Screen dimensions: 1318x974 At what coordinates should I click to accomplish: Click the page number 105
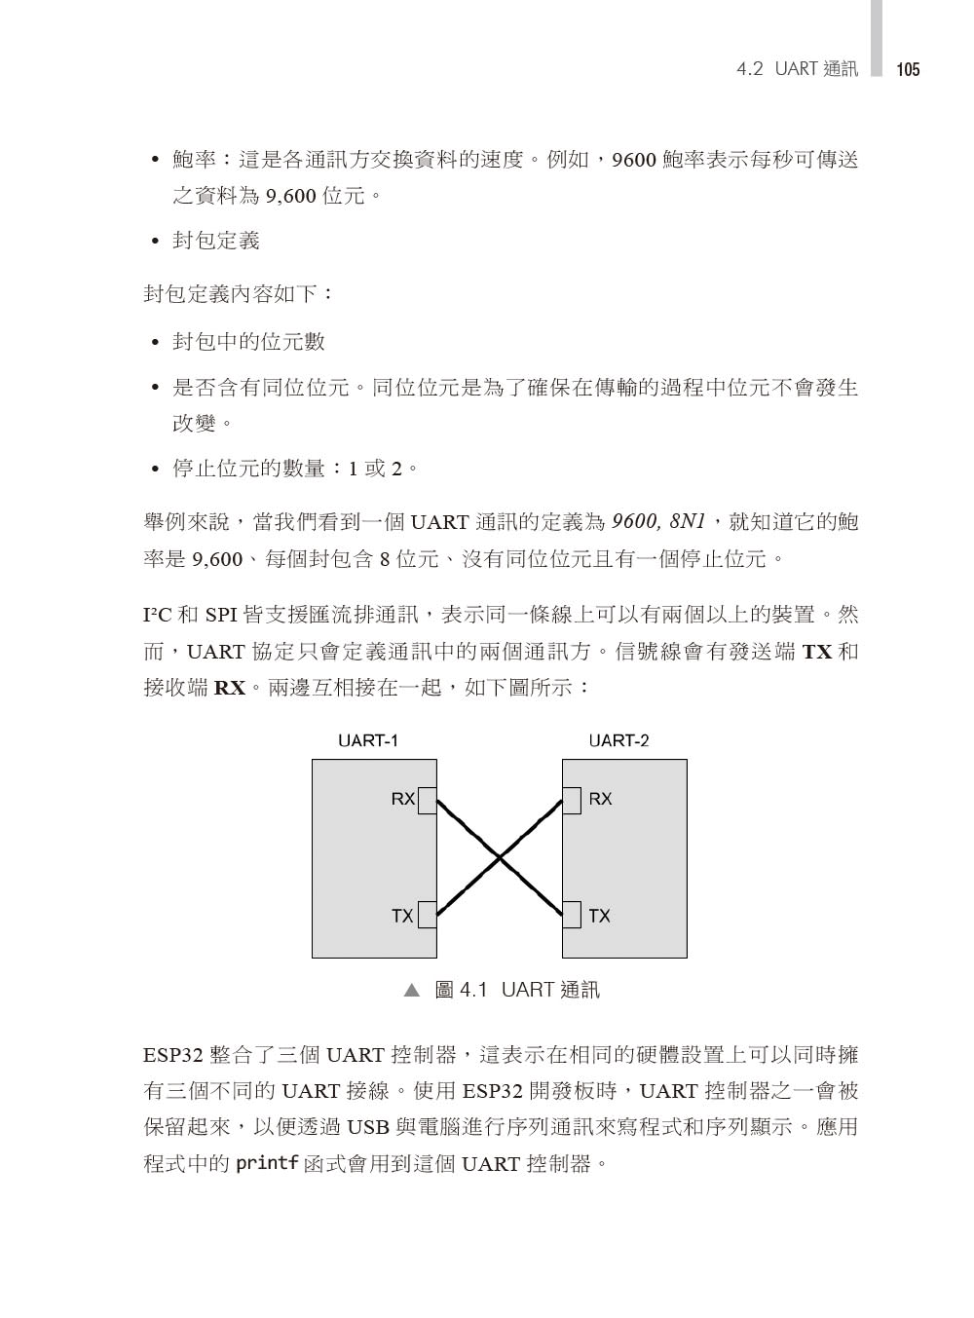pos(908,69)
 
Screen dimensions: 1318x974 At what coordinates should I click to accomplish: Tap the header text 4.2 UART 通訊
pos(798,69)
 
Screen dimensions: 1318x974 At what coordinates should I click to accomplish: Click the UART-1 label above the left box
pos(368,740)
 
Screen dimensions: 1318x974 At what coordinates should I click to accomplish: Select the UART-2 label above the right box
pos(618,740)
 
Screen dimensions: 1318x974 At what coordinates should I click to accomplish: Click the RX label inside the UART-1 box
pos(403,799)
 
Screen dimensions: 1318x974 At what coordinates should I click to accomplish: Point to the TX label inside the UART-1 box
pos(402,916)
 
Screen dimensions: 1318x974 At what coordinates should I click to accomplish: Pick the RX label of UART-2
pos(600,799)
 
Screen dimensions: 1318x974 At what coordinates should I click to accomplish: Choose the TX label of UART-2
pos(599,916)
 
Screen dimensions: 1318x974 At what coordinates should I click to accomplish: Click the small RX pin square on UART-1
pos(427,799)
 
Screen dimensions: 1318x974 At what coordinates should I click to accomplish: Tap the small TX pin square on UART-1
pos(427,916)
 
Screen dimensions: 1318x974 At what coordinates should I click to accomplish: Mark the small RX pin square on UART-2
pos(572,799)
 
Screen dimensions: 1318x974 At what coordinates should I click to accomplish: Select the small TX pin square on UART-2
pos(572,916)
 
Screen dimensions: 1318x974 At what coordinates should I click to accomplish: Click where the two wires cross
pos(500,858)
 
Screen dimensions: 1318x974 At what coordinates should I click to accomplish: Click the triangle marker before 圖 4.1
pos(412,991)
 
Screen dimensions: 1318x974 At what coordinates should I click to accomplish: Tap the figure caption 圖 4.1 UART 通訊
pos(516,991)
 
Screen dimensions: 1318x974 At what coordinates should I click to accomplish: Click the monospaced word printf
pos(267,1164)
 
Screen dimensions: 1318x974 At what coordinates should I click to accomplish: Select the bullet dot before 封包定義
pos(154,242)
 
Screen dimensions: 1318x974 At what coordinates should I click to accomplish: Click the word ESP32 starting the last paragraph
pos(171,1055)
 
